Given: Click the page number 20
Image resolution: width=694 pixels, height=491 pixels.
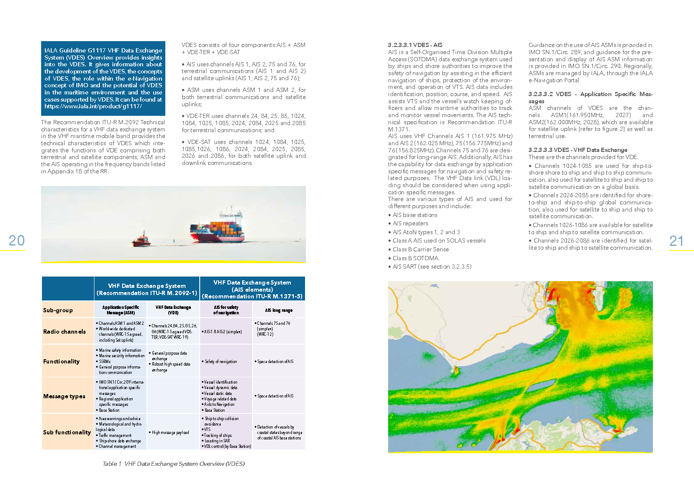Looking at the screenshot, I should (17, 240).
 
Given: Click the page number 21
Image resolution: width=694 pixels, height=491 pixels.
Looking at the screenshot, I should (676, 241).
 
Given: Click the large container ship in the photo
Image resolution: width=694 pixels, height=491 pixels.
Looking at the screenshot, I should (217, 229).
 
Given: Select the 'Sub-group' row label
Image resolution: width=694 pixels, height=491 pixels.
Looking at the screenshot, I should (58, 310).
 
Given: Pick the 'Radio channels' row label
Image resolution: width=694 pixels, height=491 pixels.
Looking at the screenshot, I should (64, 332).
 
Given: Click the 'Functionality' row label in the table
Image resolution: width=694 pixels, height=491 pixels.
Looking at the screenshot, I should (61, 361).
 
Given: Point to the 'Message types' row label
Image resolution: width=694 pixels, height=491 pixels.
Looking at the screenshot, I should (64, 396).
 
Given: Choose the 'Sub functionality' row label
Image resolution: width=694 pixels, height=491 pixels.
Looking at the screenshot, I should (67, 432).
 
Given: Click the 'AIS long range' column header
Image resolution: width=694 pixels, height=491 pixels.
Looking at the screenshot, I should (279, 310).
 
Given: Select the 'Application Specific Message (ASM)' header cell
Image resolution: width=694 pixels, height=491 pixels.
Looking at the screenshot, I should (121, 310).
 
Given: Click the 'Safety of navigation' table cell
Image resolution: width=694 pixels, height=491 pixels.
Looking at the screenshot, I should (221, 361).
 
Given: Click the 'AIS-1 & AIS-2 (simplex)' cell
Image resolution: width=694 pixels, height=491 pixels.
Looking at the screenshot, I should (223, 332).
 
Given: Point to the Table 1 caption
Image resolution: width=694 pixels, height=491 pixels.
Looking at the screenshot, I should (173, 464).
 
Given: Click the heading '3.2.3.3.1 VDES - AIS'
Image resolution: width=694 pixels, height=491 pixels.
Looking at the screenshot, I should (415, 45).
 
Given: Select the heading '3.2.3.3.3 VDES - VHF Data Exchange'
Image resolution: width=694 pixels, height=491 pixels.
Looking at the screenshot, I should (578, 150).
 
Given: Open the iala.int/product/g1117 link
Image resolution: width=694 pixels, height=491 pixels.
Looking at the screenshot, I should (93, 106).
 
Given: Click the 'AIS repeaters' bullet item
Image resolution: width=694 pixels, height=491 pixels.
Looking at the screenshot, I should (410, 223).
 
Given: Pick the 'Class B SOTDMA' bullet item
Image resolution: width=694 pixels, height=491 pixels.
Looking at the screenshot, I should (415, 258).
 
